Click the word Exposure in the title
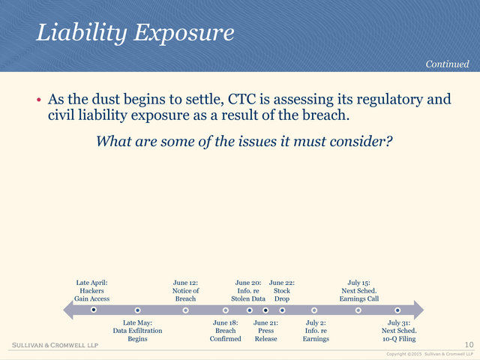coord(184,33)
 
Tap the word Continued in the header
coord(447,64)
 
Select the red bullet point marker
coord(38,100)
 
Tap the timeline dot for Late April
coord(94,310)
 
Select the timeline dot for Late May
coord(137,310)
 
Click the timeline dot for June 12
coord(185,310)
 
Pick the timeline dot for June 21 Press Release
coord(265,310)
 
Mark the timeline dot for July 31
coord(397,310)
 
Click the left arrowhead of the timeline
coord(68,310)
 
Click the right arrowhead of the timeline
coord(418,310)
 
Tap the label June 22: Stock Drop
coord(282,290)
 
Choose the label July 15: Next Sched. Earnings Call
coord(358,290)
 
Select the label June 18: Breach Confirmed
coord(225,331)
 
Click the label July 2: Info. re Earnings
coord(316,331)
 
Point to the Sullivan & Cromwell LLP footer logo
coord(55,345)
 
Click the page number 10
coord(469,345)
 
